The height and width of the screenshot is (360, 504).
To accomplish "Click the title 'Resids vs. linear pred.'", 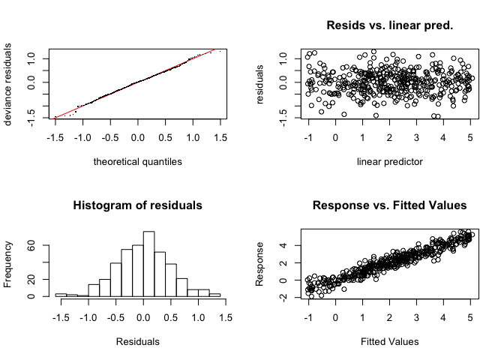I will pyautogui.click(x=389, y=25).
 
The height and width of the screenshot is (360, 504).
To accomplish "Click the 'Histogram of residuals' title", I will pyautogui.click(x=137, y=205).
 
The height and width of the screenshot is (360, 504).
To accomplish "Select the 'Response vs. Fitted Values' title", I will pyautogui.click(x=389, y=205).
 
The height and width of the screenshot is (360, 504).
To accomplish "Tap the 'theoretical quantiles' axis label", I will pyautogui.click(x=137, y=161).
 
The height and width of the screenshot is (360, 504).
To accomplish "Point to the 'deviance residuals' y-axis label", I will pyautogui.click(x=10, y=84).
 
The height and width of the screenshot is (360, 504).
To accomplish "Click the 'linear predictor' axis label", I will pyautogui.click(x=389, y=161).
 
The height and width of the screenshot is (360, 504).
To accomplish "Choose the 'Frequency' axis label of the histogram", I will pyautogui.click(x=10, y=264).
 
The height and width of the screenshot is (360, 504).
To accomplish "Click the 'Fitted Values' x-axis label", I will pyautogui.click(x=389, y=341).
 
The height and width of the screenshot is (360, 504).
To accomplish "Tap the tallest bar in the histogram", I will pyautogui.click(x=148, y=264).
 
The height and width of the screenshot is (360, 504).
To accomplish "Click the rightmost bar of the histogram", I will pyautogui.click(x=215, y=295).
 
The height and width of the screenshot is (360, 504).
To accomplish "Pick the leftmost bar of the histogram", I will pyautogui.click(x=61, y=295).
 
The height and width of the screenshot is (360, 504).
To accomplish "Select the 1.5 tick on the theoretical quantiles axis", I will pyautogui.click(x=220, y=139).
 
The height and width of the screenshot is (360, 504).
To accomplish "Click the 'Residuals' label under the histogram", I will pyautogui.click(x=137, y=341).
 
